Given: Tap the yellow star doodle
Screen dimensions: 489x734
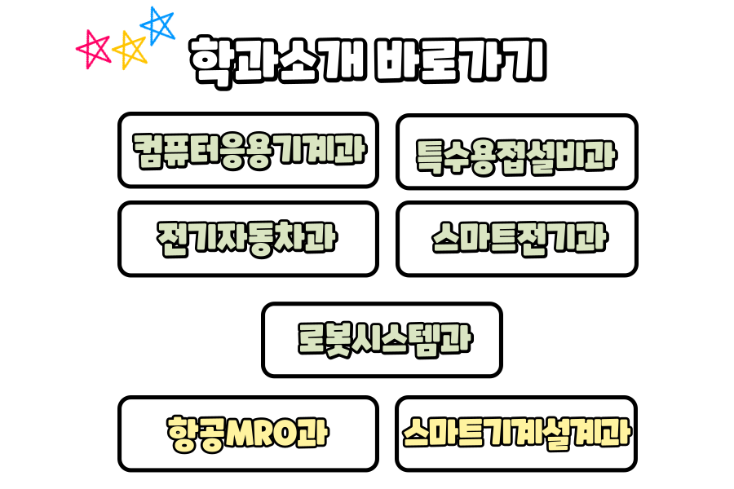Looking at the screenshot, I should click(x=130, y=50).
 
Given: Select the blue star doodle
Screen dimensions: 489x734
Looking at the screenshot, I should click(x=158, y=25).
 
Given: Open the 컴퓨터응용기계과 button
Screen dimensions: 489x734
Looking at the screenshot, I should click(x=248, y=150).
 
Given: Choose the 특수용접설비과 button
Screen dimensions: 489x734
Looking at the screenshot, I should click(x=516, y=152).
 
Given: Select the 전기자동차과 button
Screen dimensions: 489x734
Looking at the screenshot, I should click(x=248, y=239).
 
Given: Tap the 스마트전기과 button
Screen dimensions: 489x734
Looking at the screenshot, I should click(x=516, y=239).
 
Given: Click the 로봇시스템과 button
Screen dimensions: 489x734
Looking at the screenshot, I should click(x=382, y=340).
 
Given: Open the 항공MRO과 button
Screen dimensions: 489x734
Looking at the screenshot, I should click(x=248, y=434).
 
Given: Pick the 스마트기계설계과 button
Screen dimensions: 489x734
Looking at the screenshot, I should click(x=516, y=434).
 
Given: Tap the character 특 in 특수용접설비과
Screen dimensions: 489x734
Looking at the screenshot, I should click(x=430, y=153).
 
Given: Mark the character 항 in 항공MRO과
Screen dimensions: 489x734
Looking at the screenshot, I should click(x=179, y=433).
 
